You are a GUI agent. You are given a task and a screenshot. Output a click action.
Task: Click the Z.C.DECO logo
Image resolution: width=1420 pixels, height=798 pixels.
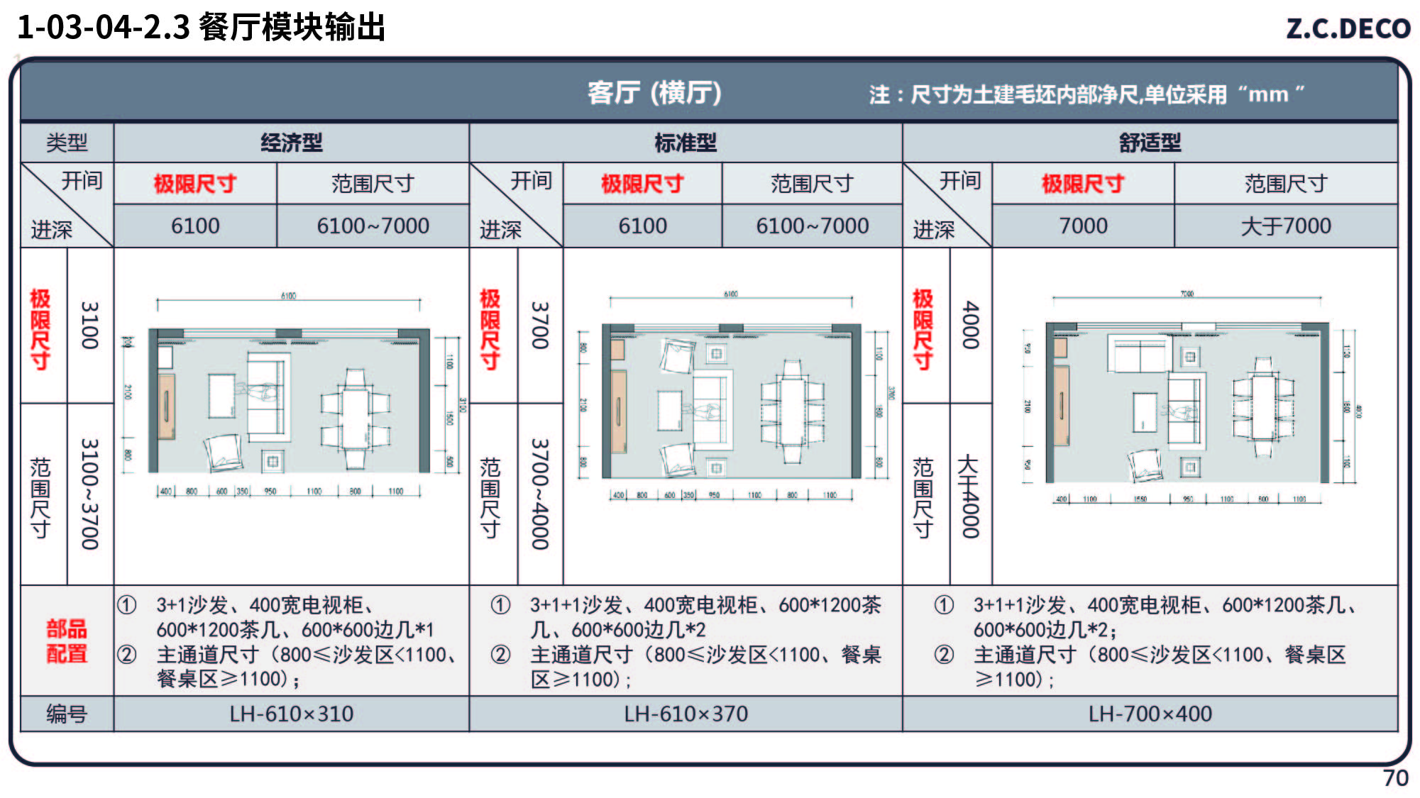click(x=1348, y=28)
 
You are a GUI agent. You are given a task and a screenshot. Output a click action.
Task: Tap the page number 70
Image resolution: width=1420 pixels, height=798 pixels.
click(x=1395, y=777)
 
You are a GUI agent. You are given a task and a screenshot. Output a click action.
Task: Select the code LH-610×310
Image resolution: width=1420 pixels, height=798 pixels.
click(x=291, y=714)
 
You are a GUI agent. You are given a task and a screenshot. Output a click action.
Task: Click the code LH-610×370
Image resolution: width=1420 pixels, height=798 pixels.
click(x=686, y=714)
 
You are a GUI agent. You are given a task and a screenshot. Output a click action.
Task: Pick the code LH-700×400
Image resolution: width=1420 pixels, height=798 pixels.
click(x=1150, y=714)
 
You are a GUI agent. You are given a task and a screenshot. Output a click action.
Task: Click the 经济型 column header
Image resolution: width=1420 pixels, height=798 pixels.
click(x=291, y=143)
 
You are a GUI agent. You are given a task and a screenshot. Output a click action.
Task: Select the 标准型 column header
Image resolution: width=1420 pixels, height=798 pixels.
click(x=686, y=143)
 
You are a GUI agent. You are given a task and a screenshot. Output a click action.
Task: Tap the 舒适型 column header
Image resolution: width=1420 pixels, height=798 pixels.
click(x=1150, y=143)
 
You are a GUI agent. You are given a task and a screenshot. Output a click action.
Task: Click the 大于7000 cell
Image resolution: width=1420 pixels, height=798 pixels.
click(x=1285, y=226)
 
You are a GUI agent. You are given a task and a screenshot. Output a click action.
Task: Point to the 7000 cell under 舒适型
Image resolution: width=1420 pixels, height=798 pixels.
click(x=1083, y=226)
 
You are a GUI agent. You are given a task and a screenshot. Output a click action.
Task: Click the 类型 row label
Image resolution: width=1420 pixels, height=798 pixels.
click(x=67, y=143)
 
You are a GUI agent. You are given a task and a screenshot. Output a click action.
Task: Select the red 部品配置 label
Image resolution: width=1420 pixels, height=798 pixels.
click(x=67, y=641)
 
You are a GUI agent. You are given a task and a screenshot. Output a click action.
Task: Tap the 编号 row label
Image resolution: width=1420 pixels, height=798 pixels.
click(x=67, y=714)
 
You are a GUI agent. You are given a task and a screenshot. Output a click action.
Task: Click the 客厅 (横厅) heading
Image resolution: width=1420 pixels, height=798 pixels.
click(x=654, y=93)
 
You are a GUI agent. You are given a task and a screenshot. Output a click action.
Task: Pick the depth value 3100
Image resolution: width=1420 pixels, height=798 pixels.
click(x=89, y=326)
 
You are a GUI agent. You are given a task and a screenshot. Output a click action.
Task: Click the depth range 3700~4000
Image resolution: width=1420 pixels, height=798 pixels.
click(x=540, y=494)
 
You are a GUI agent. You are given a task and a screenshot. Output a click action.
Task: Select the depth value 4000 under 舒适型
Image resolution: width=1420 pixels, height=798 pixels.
click(x=970, y=326)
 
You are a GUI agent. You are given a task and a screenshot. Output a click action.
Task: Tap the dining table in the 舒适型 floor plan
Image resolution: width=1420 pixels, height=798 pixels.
click(x=1263, y=407)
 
